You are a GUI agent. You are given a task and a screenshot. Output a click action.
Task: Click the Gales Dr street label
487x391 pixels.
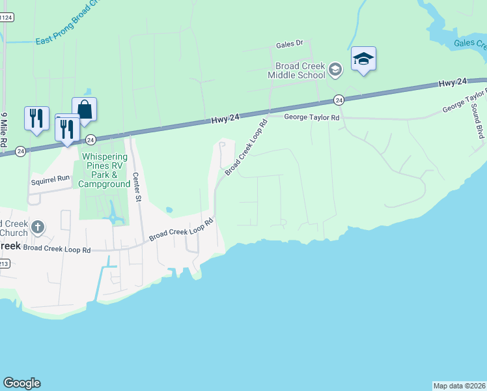(x=290, y=44)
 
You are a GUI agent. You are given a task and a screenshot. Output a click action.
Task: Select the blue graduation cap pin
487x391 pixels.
(x=363, y=60)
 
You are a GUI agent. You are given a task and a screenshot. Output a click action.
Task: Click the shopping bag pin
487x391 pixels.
(x=84, y=109)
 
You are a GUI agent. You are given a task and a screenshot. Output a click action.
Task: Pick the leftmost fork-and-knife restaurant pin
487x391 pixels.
(x=36, y=118)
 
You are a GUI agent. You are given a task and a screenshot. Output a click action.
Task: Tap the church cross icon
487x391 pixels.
(x=38, y=227)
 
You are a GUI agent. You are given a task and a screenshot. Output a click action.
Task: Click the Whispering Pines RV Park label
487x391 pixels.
(x=104, y=171)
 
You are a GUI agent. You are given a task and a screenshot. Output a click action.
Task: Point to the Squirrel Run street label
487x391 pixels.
(x=50, y=178)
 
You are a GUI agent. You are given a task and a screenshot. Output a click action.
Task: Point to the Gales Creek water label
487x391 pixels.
(x=470, y=44)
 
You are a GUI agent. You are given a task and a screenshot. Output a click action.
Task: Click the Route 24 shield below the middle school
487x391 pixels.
(x=339, y=100)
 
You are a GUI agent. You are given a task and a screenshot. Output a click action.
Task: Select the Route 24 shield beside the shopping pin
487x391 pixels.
(x=91, y=139)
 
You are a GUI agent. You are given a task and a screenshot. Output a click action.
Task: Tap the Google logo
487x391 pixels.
(x=21, y=383)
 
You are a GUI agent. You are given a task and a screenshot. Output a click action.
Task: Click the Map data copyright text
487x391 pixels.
(x=459, y=385)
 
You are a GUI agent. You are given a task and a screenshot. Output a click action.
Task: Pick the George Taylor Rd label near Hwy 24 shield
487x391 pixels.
(x=312, y=117)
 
